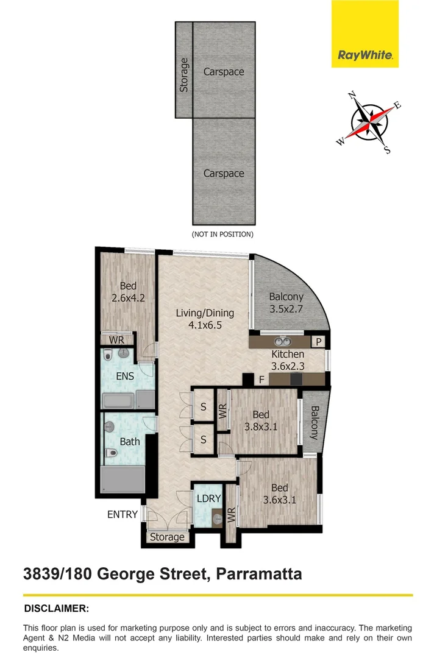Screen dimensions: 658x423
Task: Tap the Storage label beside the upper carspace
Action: (x=183, y=75)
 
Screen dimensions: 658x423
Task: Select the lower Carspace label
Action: (x=224, y=174)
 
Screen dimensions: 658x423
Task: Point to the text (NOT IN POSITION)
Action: (x=222, y=234)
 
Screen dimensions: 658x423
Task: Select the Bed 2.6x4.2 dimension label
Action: (x=128, y=292)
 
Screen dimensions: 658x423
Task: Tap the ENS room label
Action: (x=125, y=377)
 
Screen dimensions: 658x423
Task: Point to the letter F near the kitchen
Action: (x=261, y=380)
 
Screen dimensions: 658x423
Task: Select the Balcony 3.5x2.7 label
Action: (x=286, y=303)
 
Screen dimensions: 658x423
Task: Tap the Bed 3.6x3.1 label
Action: (x=279, y=493)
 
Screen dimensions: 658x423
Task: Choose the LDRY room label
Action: (x=208, y=498)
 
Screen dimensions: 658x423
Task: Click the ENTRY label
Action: (x=123, y=515)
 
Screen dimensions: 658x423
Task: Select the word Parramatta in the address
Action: (x=255, y=573)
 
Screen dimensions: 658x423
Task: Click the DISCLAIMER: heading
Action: (x=56, y=609)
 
